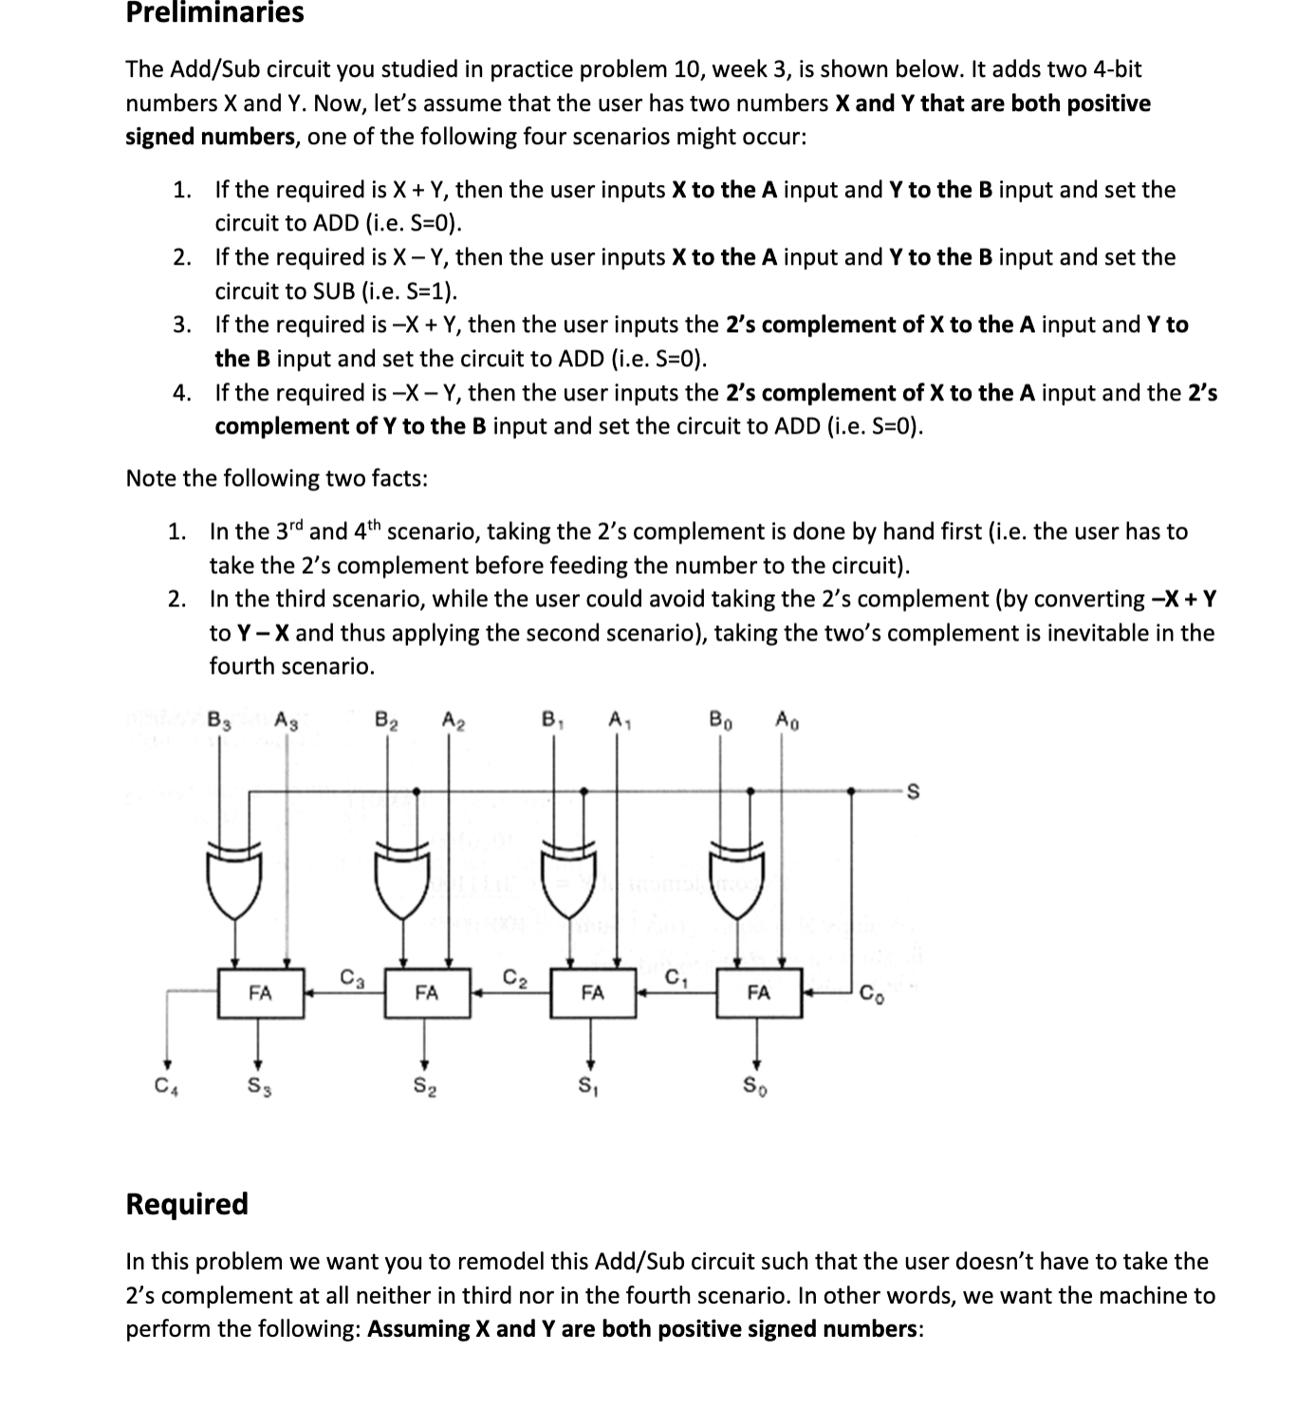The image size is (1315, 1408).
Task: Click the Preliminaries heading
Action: point(214,13)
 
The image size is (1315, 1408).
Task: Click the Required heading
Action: point(187,1203)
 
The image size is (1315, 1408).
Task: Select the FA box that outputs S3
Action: point(260,993)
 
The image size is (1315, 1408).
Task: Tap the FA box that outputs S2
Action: point(427,993)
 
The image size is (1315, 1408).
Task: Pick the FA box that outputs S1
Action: point(592,993)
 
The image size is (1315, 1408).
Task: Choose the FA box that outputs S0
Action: point(758,993)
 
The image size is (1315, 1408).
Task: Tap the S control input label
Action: point(914,793)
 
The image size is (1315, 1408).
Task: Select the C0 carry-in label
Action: point(871,995)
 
